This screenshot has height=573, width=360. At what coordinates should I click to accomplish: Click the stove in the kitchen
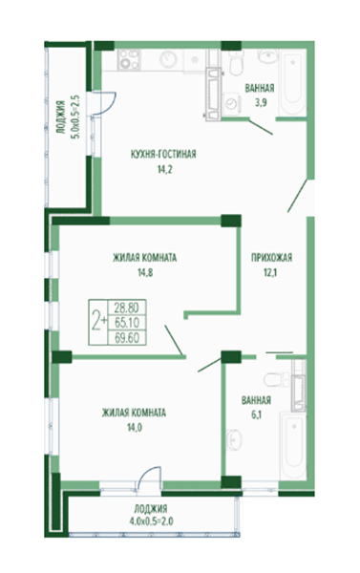129,59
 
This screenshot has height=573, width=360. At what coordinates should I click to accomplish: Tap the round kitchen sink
168,59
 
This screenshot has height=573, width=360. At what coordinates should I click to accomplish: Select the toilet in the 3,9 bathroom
235,62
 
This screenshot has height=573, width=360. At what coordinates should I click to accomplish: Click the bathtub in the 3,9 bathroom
292,82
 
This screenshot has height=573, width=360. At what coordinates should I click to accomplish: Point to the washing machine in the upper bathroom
231,103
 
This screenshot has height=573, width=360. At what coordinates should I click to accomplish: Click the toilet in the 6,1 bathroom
276,380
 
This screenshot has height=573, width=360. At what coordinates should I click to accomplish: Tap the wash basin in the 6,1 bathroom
234,439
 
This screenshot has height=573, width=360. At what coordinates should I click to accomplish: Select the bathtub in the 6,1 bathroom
293,445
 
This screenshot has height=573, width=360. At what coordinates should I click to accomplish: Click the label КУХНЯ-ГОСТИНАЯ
163,154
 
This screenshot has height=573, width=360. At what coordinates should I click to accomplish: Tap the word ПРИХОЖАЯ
271,258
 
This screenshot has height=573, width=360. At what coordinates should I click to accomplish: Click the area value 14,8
145,272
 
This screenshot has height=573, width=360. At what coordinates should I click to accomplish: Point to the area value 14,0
134,427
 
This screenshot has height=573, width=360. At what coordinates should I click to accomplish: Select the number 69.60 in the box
127,338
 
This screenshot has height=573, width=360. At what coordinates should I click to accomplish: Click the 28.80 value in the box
126,308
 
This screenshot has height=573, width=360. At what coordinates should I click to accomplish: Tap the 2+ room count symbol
98,322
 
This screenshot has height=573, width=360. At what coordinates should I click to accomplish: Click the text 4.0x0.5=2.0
151,521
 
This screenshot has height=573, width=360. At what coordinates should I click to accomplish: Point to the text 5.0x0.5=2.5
76,117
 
